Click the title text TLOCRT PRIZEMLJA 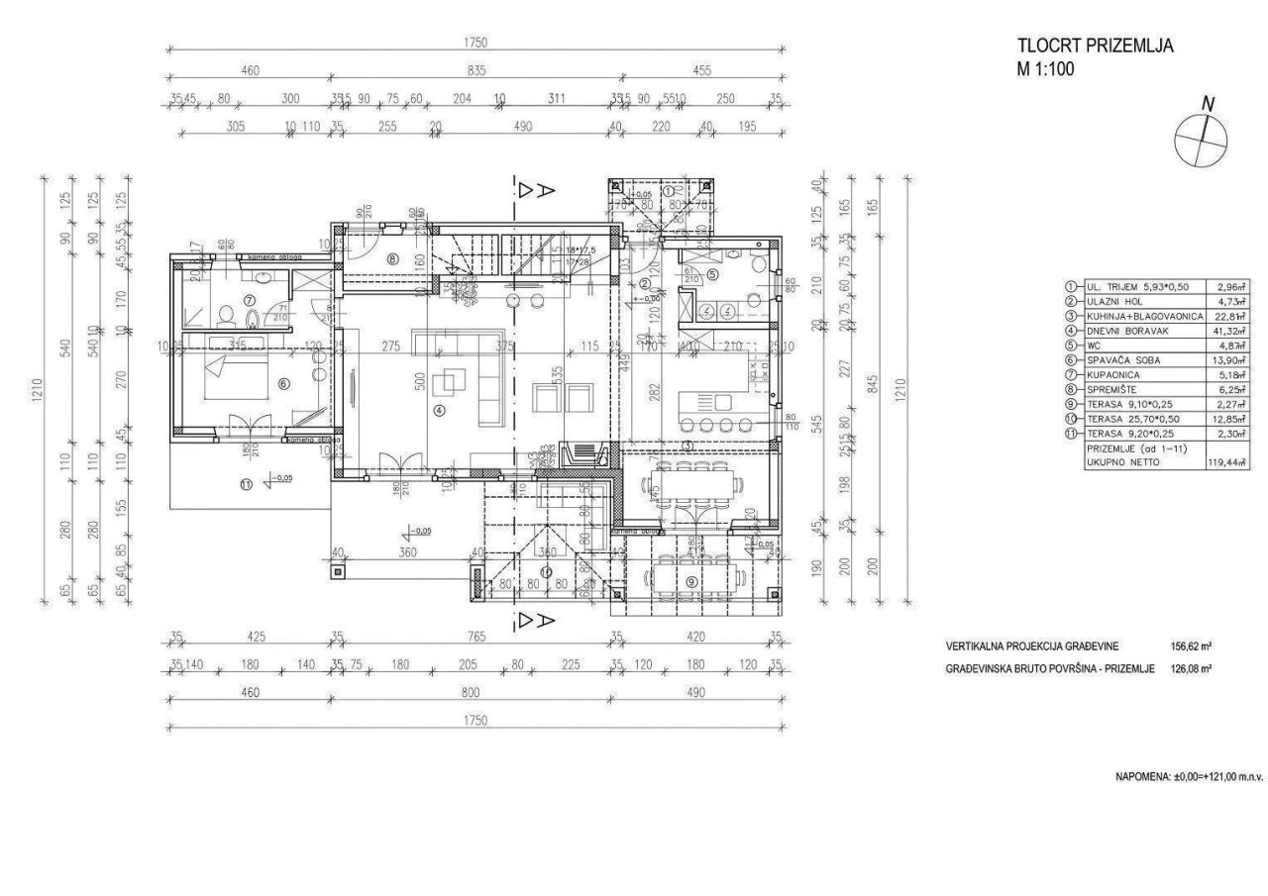coord(1096,47)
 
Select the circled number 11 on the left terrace coord(246,483)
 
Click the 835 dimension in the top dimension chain coord(475,70)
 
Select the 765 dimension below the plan coord(475,637)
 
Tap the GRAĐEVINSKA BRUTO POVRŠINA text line coord(1051,669)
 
